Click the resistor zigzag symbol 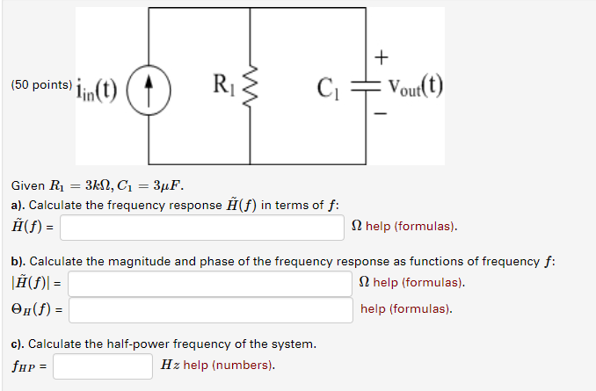pos(252,87)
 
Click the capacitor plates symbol pos(366,86)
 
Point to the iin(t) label pos(98,88)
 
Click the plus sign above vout pos(381,58)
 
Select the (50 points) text pos(41,85)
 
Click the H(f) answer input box pos(202,227)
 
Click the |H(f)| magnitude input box pos(210,283)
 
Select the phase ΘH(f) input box pos(210,309)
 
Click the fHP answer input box pos(103,366)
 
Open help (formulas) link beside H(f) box pos(411,227)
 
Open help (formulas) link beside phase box pos(406,309)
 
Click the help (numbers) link pos(229,366)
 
